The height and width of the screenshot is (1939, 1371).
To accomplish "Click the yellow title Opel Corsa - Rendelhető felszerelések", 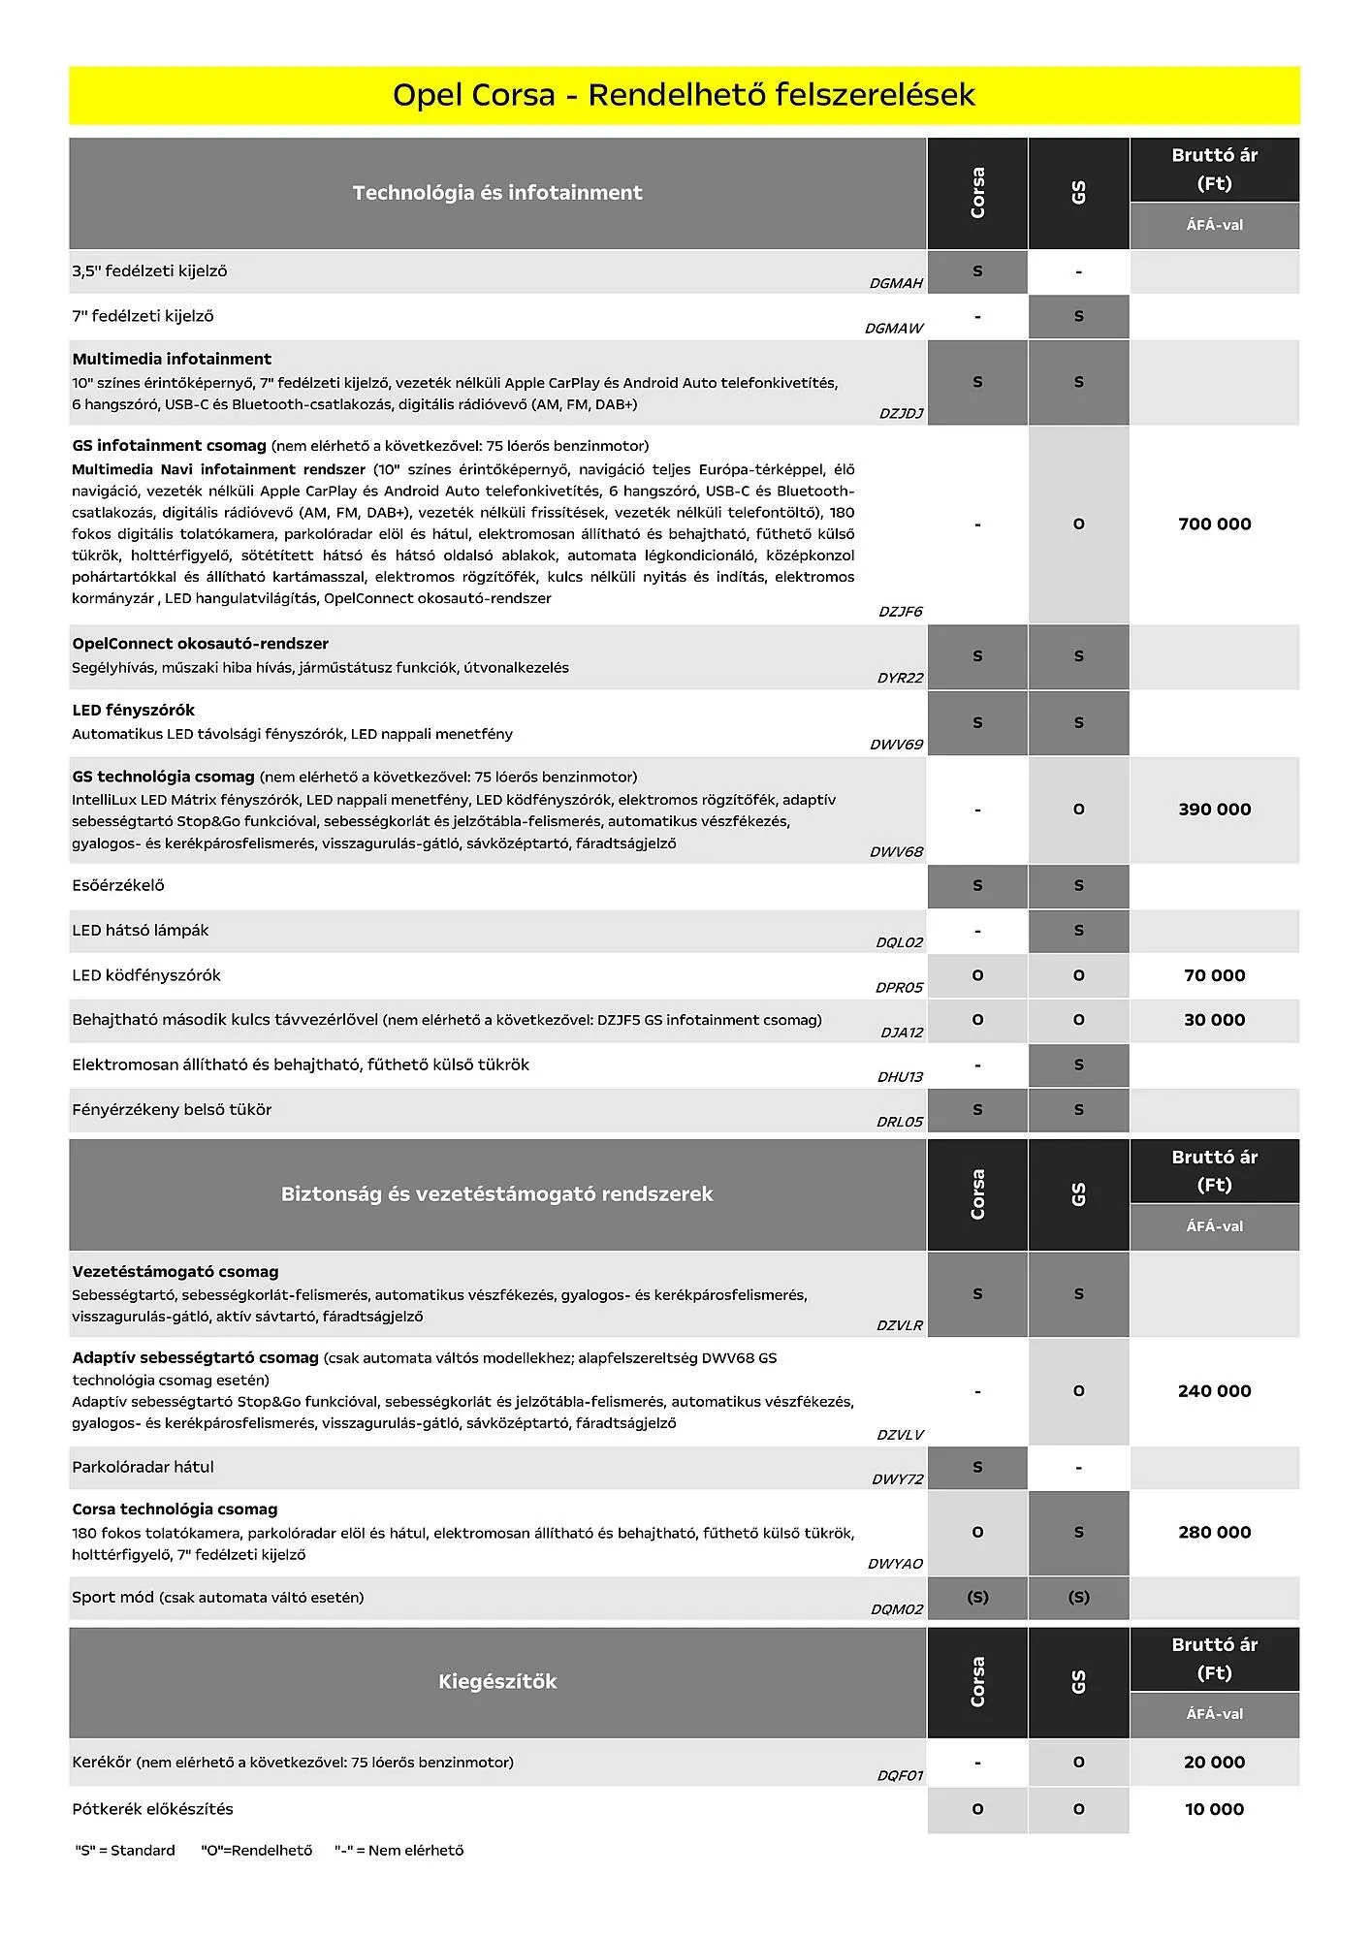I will [684, 95].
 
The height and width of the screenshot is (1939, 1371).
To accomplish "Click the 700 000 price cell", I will [1214, 524].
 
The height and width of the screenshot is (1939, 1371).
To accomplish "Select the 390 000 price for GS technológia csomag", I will [1214, 810].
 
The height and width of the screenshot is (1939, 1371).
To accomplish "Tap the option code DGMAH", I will [896, 284].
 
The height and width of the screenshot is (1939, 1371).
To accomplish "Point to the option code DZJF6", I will [900, 612].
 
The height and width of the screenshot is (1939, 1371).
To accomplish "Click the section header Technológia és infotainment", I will [497, 193].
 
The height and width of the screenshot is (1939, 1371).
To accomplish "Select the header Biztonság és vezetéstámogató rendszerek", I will [497, 1194].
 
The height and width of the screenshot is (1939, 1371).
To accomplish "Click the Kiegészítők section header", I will [497, 1682].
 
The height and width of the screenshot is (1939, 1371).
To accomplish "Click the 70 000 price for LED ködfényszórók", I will [1214, 976].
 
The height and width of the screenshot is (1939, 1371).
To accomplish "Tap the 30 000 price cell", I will [1214, 1020].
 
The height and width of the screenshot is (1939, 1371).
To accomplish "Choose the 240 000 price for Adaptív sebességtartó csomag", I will [1214, 1391].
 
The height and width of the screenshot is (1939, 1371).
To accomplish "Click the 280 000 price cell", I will [1214, 1533].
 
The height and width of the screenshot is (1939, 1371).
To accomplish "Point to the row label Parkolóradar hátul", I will [143, 1467].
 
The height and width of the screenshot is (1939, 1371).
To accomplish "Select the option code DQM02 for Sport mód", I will [897, 1609].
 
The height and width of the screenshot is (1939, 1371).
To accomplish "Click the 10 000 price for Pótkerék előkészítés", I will [1214, 1809].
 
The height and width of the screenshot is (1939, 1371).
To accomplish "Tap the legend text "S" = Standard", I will [125, 1851].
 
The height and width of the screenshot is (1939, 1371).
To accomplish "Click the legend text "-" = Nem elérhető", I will [399, 1851].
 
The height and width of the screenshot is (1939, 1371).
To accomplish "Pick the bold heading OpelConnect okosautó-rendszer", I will [200, 644].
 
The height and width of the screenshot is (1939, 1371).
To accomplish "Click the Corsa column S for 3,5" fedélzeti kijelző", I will [977, 271].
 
